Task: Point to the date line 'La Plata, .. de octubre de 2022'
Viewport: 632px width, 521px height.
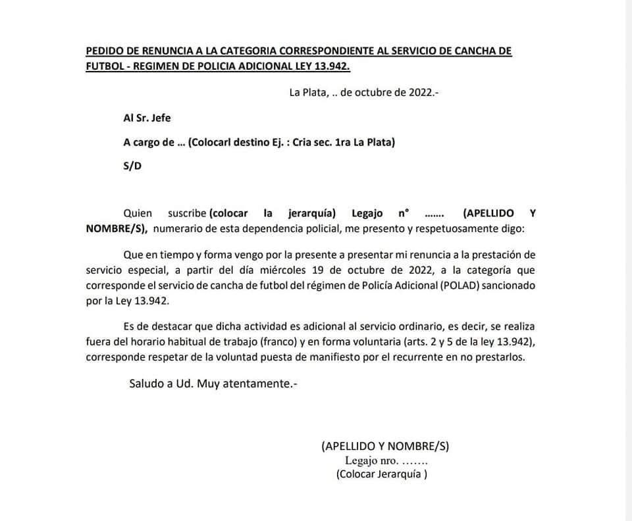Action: pyautogui.click(x=363, y=92)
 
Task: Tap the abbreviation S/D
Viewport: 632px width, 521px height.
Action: pyautogui.click(x=132, y=166)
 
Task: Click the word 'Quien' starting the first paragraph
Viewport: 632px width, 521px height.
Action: pyautogui.click(x=138, y=213)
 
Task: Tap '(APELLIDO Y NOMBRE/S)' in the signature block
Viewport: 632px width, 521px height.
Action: pyautogui.click(x=385, y=445)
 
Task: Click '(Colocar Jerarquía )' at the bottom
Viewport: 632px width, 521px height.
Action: pyautogui.click(x=381, y=474)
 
